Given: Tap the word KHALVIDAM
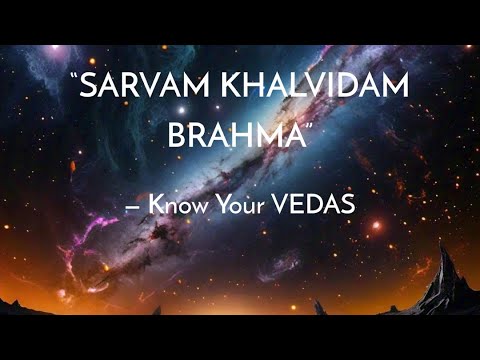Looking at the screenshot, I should [x=319, y=92].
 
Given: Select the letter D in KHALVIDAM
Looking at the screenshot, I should [x=345, y=92].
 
